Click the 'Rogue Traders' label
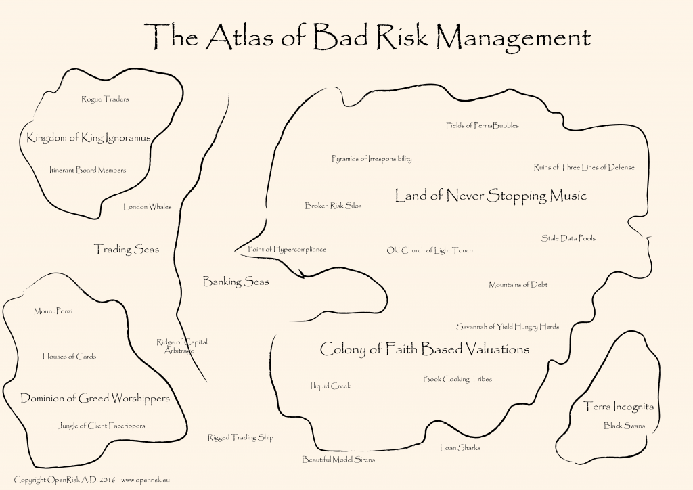click(105, 99)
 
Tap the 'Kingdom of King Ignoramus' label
click(88, 138)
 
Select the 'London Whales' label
click(147, 207)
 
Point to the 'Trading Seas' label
click(127, 250)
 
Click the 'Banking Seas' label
click(236, 282)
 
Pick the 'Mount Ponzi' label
click(53, 311)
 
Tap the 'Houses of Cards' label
click(69, 357)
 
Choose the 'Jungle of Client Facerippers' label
click(102, 426)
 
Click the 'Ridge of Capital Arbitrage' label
click(181, 347)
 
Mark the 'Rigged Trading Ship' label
click(240, 438)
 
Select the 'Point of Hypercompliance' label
click(287, 249)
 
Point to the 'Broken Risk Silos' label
click(333, 206)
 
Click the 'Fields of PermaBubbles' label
click(483, 125)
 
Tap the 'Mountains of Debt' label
click(518, 285)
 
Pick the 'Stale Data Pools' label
click(568, 238)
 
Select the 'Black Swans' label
click(624, 426)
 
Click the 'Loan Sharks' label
click(460, 447)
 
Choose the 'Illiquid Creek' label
click(330, 386)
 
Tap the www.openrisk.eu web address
click(146, 480)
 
